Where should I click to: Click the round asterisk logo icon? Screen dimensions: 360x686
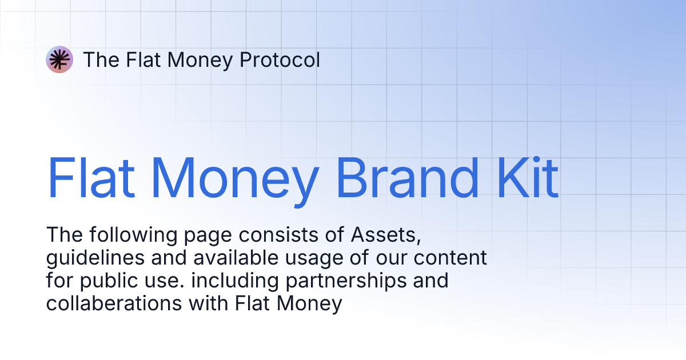(59, 59)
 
